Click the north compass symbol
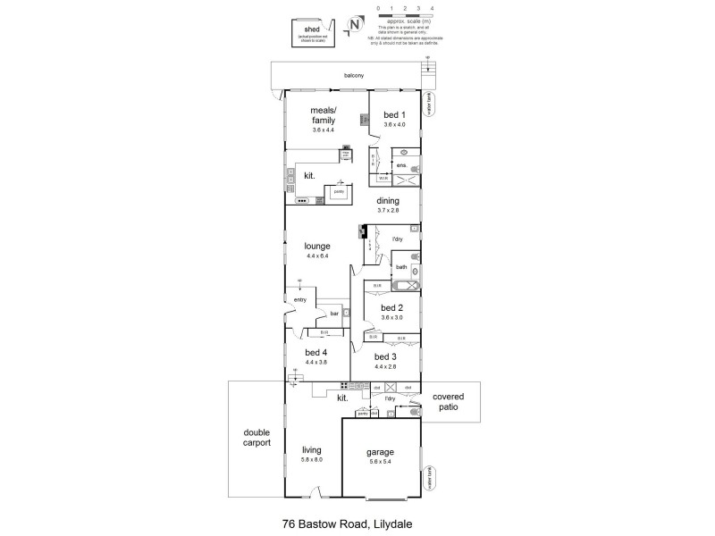coord(355,25)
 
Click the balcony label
coord(354,75)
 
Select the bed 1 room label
coord(394,114)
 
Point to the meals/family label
coord(323,114)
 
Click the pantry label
coord(340,191)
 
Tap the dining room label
coord(387,201)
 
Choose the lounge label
coord(317,246)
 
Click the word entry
coord(299,299)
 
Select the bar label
coord(334,314)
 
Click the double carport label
coord(257,437)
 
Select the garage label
coord(380,452)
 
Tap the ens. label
coord(401,166)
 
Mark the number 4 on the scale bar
coord(432,7)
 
